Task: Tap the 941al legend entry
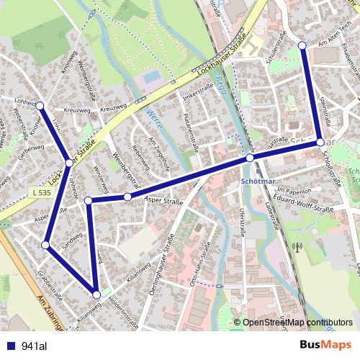click(x=34, y=346)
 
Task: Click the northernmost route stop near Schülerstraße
click(x=302, y=45)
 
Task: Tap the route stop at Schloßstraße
click(x=320, y=143)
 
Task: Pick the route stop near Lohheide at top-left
click(x=40, y=106)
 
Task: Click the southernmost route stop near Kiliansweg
click(x=96, y=294)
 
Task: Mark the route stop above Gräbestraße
click(x=45, y=246)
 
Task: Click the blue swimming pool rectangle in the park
click(x=152, y=76)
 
